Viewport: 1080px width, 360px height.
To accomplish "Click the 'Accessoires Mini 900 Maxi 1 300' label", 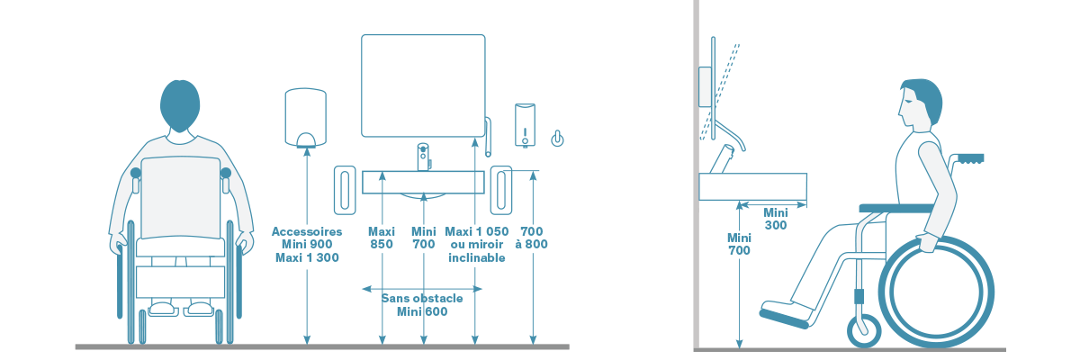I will (x=306, y=244).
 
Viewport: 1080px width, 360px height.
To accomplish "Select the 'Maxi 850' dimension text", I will (x=382, y=238).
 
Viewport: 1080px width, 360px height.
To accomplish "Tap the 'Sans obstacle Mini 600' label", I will (x=422, y=304).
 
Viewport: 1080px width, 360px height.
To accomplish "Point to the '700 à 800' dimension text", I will (x=533, y=238).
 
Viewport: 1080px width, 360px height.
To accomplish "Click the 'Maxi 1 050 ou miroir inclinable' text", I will (x=476, y=244).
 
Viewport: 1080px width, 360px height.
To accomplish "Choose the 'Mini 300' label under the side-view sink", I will (x=776, y=219).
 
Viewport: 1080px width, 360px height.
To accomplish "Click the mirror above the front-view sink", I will (x=423, y=85).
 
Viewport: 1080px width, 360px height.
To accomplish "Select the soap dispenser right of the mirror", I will (x=526, y=124).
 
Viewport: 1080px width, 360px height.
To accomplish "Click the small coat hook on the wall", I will (x=559, y=138).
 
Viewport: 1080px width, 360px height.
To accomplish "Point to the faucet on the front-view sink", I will (x=424, y=156).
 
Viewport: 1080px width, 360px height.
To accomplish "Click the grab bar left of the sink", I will (x=346, y=191).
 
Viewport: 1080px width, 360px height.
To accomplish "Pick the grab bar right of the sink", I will (x=501, y=191).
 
